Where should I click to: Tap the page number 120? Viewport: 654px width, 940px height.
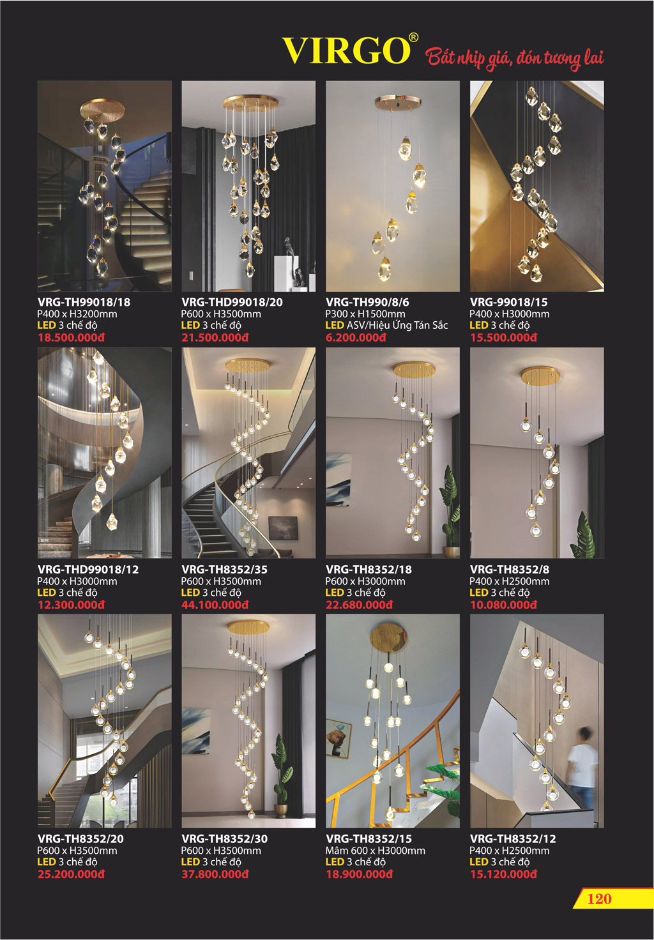click(x=599, y=898)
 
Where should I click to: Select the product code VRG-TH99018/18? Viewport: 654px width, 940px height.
click(x=84, y=301)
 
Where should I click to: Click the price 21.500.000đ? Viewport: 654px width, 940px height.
click(x=215, y=337)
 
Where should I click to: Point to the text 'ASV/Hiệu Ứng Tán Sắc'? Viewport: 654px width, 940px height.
click(x=397, y=325)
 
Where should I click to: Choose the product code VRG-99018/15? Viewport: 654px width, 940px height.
click(x=509, y=301)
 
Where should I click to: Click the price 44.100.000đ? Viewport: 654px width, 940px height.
click(x=215, y=605)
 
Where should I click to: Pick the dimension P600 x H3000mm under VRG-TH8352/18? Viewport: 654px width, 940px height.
click(x=365, y=581)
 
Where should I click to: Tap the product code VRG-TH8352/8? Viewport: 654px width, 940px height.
click(x=510, y=570)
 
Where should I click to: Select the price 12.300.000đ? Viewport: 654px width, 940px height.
click(x=71, y=605)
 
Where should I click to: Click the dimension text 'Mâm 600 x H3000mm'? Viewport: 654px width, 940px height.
click(x=376, y=851)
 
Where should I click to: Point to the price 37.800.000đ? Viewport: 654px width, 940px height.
click(x=215, y=874)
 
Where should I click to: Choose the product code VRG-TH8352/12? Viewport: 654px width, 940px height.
click(x=513, y=839)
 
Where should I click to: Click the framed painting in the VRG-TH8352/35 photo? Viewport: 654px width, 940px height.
click(x=283, y=528)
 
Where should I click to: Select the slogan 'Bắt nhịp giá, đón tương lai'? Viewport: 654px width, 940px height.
click(x=514, y=57)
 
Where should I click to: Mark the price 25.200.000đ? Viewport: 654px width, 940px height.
click(x=71, y=874)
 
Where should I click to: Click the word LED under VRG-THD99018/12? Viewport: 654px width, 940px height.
click(x=46, y=593)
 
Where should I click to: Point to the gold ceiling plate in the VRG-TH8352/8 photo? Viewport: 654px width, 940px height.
click(x=540, y=375)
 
